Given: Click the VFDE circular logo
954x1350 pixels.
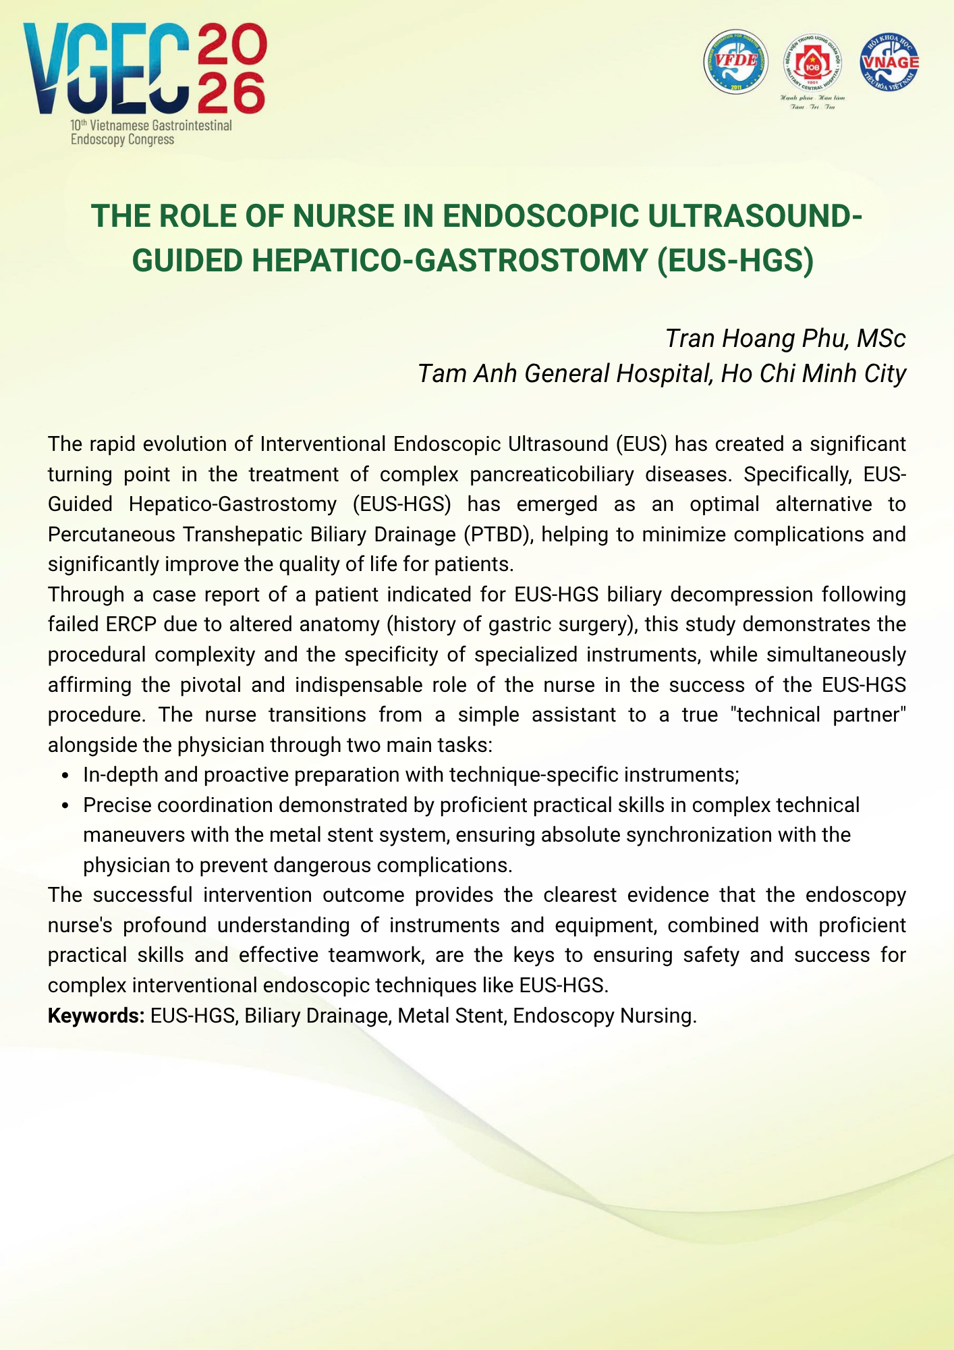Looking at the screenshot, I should click(736, 61).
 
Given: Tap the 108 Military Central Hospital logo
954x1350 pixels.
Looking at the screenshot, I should click(812, 63).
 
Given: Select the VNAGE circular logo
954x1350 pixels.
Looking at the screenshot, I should click(889, 61).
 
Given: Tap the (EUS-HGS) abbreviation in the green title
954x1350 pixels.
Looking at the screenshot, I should click(736, 261).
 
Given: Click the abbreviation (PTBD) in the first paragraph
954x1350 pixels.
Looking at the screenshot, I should click(498, 534).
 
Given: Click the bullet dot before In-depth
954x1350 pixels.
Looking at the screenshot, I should click(65, 776).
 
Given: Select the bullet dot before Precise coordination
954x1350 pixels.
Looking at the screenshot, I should click(65, 806).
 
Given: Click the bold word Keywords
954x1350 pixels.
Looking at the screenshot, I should click(96, 1015).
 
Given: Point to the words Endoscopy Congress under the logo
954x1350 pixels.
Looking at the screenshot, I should click(123, 140).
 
